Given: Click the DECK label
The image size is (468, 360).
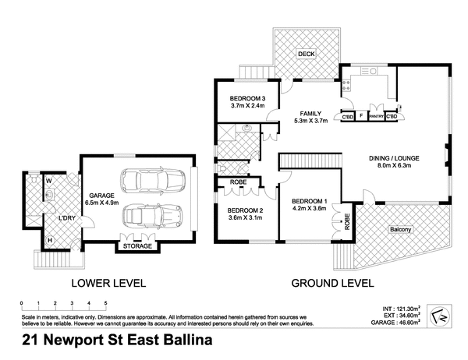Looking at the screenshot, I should point(306,53).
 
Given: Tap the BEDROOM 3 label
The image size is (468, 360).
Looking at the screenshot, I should point(248,98).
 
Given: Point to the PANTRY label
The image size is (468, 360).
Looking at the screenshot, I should point(376,117).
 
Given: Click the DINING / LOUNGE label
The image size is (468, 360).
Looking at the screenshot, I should point(395,156).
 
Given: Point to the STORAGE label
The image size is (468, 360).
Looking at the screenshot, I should point(137,247).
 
